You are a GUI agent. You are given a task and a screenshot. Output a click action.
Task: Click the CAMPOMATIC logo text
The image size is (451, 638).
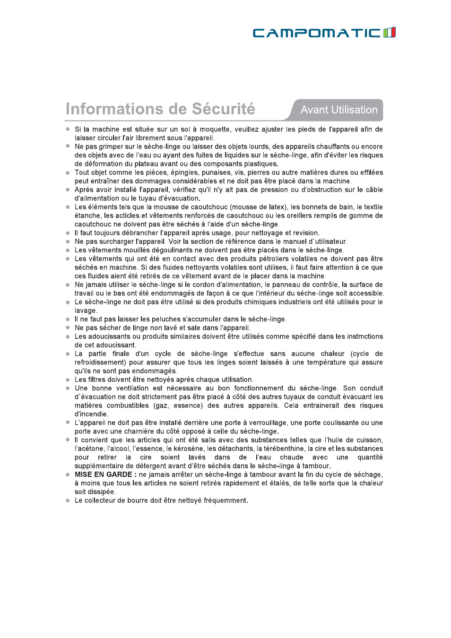(316, 33)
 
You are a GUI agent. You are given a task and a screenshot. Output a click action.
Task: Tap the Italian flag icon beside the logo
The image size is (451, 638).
(389, 33)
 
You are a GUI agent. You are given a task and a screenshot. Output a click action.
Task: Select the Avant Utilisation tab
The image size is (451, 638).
(339, 110)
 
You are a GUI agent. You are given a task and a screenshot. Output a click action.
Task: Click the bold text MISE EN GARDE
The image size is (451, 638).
(104, 474)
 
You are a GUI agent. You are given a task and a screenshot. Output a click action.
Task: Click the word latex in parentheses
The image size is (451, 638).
(277, 207)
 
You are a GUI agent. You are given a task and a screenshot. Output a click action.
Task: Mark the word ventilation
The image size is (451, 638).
(132, 388)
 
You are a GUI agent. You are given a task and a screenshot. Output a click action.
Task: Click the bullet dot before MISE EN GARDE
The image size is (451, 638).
(68, 474)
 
